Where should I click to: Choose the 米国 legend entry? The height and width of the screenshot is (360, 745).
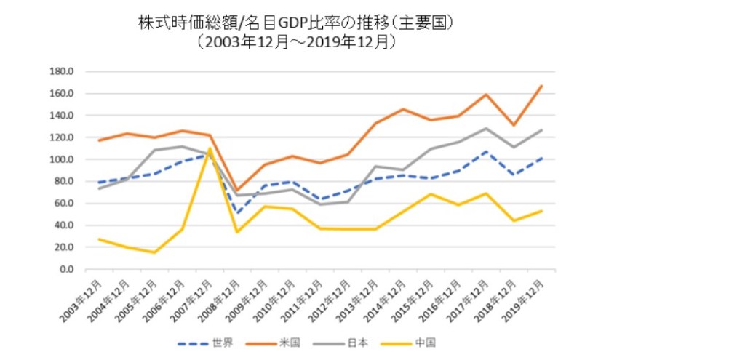click(x=281, y=342)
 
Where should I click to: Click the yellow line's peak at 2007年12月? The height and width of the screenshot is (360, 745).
click(x=210, y=148)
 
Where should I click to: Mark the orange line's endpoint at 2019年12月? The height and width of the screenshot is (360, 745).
click(x=542, y=86)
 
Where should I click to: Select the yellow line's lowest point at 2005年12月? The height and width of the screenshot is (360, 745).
click(x=154, y=252)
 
